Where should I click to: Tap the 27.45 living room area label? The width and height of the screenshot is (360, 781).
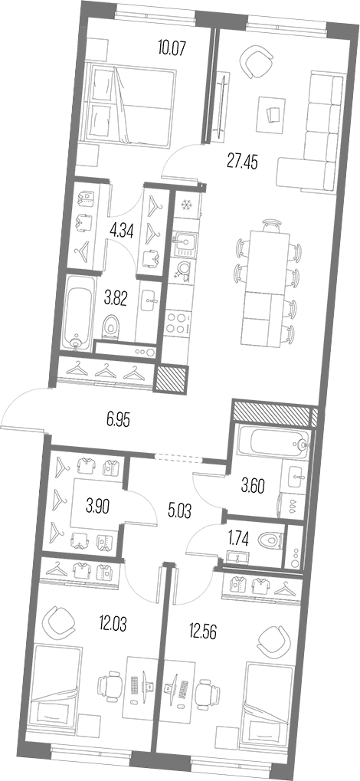[x=242, y=162]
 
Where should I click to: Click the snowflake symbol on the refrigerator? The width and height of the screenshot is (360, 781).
[x=185, y=205]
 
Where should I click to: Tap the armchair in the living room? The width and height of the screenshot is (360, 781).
[x=256, y=61]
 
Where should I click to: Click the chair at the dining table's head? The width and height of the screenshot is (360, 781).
[x=270, y=225]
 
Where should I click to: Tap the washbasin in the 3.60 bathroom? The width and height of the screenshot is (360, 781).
[x=294, y=477]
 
